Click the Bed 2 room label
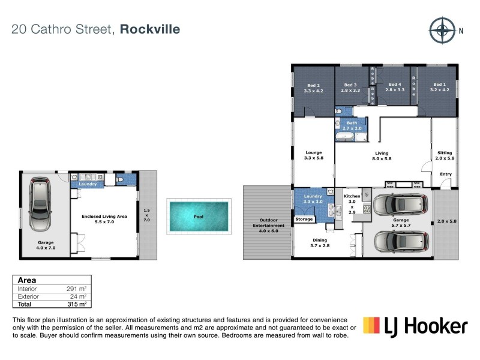pos(313,88)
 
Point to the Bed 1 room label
pos(439,87)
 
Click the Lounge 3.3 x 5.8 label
pos(313,155)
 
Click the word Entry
pos(445,174)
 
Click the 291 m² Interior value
pos(79,289)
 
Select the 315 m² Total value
pos(79,304)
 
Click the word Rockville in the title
pos(150,29)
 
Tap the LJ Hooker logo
pos(415,325)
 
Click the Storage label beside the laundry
pos(304,220)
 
